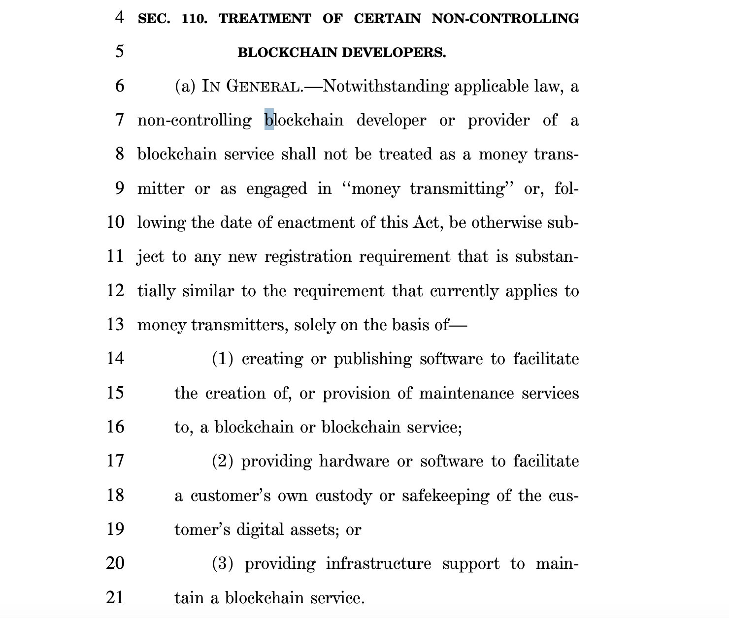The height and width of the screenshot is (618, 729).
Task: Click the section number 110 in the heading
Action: point(194,19)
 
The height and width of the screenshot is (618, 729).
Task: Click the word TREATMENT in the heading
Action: point(265,19)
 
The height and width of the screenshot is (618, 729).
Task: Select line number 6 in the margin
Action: point(120,86)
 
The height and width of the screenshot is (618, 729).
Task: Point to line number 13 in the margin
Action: point(115,325)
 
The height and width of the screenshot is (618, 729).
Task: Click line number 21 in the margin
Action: point(115,597)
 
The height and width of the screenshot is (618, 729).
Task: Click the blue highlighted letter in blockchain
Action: point(269,120)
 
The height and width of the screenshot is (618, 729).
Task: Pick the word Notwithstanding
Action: point(386,87)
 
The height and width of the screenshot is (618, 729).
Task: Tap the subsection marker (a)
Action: point(185,87)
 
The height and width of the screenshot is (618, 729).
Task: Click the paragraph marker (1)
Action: point(223,359)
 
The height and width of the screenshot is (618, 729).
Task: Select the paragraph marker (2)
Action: point(223,462)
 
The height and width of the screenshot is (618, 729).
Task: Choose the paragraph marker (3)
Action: point(223,564)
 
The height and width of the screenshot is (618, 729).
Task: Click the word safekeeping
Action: point(445,495)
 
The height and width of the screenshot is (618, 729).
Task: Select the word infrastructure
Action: point(378,564)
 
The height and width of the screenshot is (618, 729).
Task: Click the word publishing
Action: point(373,359)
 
